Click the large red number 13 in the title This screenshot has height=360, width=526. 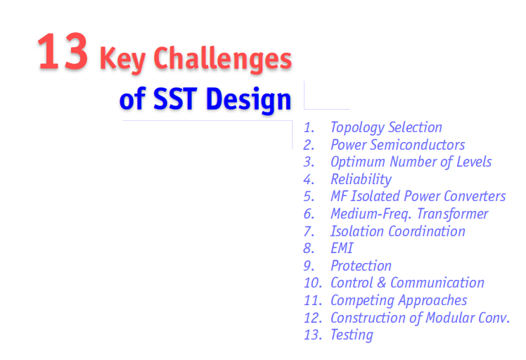click(x=63, y=51)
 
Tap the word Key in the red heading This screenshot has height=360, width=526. click(x=122, y=59)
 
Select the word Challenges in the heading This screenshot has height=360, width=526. click(x=222, y=59)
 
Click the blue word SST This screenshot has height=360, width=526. click(x=175, y=99)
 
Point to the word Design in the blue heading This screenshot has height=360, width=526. click(x=248, y=100)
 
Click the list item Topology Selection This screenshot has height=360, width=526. click(x=386, y=127)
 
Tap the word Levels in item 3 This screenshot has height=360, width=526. click(x=474, y=162)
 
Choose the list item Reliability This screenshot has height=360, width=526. click(x=361, y=179)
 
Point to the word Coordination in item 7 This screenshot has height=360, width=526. click(x=427, y=231)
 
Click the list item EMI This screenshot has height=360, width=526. click(x=342, y=248)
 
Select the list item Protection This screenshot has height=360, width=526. click(x=361, y=266)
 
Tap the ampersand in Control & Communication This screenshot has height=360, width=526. click(x=381, y=283)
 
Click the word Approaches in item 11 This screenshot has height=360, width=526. click(x=432, y=301)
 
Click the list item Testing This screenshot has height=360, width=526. click(x=352, y=335)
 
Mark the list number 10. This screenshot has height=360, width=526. click(x=312, y=283)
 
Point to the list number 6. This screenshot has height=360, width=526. click(x=309, y=214)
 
